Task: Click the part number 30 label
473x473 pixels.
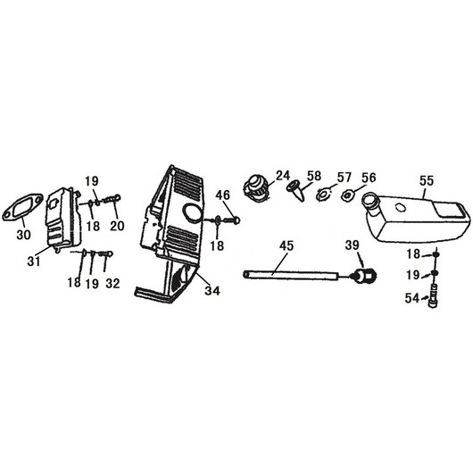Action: tap(23, 234)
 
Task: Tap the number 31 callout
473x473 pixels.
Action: tap(34, 261)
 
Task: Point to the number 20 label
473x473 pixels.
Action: tap(117, 226)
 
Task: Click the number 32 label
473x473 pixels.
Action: tap(112, 283)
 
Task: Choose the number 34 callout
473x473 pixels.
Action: tap(212, 291)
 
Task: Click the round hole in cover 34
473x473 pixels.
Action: tap(192, 214)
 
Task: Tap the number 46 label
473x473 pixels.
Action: tap(222, 195)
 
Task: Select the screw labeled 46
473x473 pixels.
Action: tap(232, 220)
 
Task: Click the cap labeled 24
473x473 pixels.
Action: tap(255, 187)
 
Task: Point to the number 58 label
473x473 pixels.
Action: tap(314, 176)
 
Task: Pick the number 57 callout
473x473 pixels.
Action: tap(344, 178)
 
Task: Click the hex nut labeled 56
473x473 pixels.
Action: tap(347, 196)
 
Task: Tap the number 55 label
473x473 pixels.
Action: tap(427, 181)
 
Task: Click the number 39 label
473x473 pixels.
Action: tap(352, 245)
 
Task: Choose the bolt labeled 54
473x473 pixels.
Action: tap(433, 296)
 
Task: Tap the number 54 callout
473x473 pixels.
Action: tap(412, 298)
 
